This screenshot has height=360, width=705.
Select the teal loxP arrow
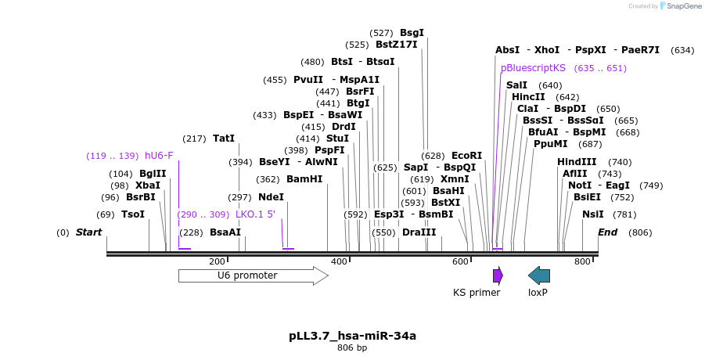tap(539, 275)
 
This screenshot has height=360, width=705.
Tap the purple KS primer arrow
tap(498, 275)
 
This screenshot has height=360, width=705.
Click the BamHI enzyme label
tap(304, 179)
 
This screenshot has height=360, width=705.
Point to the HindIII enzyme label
tap(577, 162)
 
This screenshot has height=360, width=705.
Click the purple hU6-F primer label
tap(159, 156)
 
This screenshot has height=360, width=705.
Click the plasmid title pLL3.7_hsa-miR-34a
tap(352, 336)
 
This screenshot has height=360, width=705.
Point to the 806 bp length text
tap(352, 347)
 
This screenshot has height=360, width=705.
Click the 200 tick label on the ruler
tap(217, 261)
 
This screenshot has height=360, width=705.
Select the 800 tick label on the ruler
tap(582, 261)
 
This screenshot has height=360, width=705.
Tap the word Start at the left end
tap(89, 232)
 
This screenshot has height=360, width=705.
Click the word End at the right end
tap(608, 232)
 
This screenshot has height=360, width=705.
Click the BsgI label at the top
tap(412, 33)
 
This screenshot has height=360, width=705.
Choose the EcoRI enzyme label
tap(466, 156)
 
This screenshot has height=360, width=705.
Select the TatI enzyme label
tap(224, 139)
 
